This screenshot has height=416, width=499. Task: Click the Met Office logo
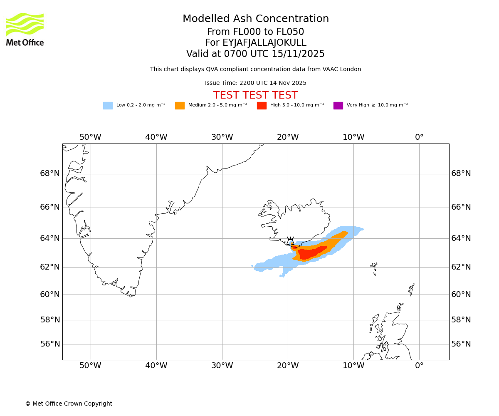tap(25, 29)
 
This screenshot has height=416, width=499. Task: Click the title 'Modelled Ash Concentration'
tap(256, 19)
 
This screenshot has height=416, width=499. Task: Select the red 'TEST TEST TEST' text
tap(255, 95)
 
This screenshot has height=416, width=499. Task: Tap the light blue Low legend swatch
tap(108, 105)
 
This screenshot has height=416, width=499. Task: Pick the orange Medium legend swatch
tap(180, 105)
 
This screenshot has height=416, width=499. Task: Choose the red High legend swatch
tap(262, 105)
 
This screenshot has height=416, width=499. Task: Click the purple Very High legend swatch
tap(338, 105)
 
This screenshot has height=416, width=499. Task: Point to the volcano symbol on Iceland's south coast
tap(290, 242)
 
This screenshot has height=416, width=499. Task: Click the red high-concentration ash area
tap(312, 252)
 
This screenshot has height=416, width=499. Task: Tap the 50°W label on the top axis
tap(90, 137)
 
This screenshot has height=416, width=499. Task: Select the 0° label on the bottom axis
tap(419, 366)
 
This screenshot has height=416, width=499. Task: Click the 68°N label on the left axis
tap(50, 173)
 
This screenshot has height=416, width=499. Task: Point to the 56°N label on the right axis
tap(461, 344)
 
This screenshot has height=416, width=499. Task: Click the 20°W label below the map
tap(288, 366)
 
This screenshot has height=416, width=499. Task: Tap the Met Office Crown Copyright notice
tap(69, 404)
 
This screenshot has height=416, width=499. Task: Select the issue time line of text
tap(255, 83)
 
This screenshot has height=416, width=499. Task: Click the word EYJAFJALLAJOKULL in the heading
tap(264, 43)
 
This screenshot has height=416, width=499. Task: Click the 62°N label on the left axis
tap(50, 267)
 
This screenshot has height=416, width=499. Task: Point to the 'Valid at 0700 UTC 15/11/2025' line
tap(255, 54)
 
